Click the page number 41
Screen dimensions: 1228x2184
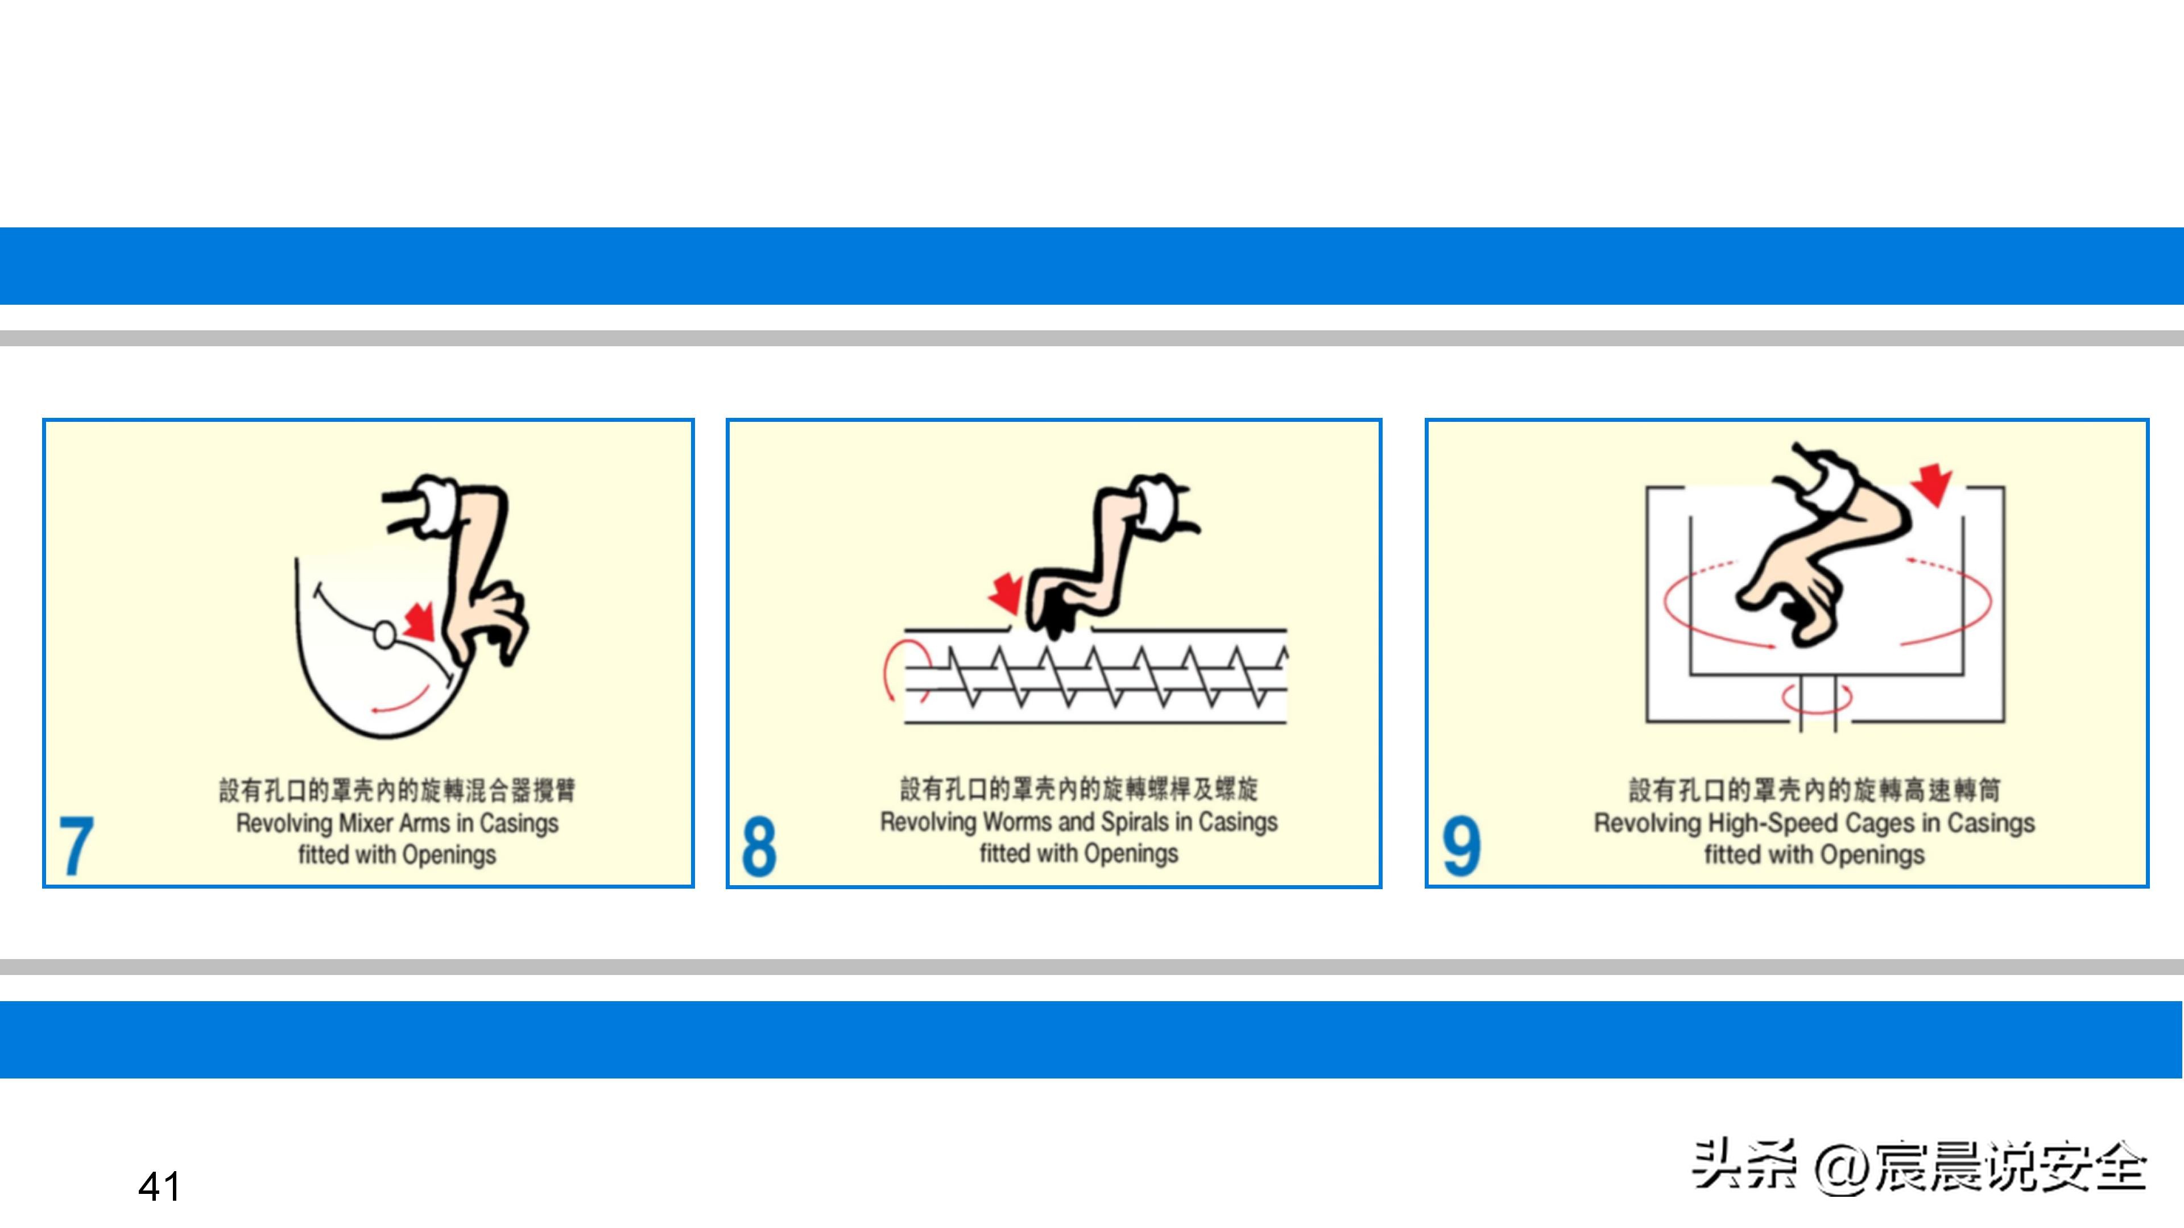(x=159, y=1186)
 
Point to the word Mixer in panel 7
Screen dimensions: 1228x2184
(x=364, y=823)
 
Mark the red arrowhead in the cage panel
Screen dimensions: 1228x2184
(x=1932, y=486)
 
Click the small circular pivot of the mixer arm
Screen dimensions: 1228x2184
(x=384, y=634)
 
